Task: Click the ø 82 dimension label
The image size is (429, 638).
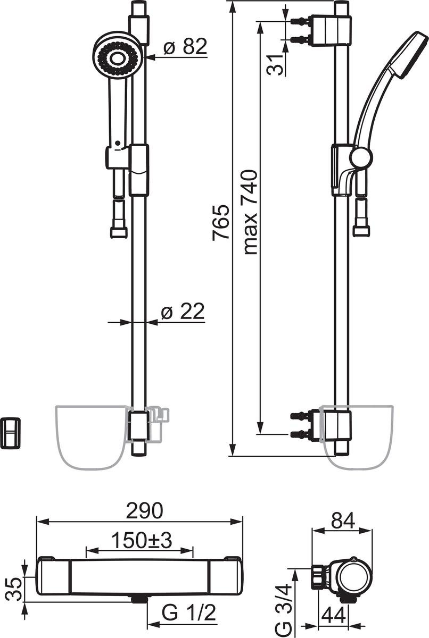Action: [185, 46]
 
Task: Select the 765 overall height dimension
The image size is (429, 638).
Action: [221, 222]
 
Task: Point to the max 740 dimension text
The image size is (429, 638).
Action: [251, 212]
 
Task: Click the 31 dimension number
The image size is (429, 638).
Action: [275, 65]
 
